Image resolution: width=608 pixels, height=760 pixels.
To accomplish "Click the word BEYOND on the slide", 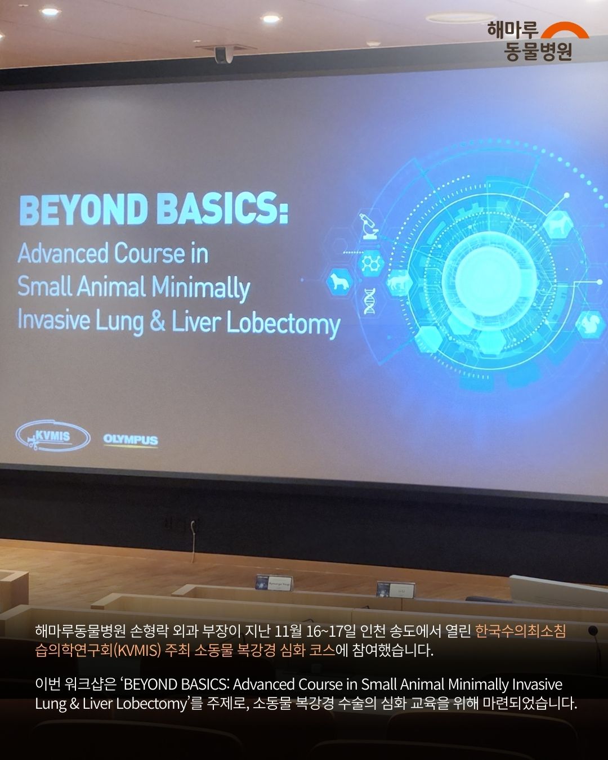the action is [83, 209].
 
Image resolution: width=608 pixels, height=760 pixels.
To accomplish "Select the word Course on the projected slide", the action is [149, 253].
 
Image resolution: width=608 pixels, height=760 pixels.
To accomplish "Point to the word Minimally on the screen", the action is [201, 288].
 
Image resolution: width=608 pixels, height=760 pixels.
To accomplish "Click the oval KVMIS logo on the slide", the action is [53, 436].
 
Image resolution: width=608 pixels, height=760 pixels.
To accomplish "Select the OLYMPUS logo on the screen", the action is [131, 440].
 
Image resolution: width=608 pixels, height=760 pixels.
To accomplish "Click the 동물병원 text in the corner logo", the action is [537, 52].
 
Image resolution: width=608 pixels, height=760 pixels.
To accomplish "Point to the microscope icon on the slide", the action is [369, 226].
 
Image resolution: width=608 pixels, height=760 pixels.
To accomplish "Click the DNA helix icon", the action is [369, 301].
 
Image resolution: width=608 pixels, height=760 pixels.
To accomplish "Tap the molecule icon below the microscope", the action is [370, 263].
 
